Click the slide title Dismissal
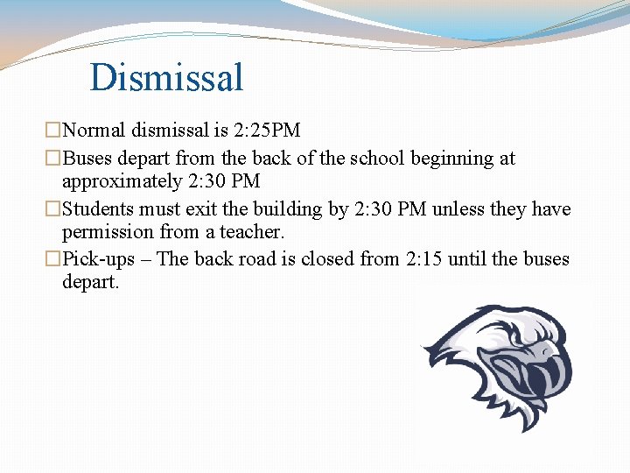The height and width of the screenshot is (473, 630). pyautogui.click(x=166, y=77)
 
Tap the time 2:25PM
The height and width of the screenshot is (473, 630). pyautogui.click(x=267, y=131)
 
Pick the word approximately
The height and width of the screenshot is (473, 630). pyautogui.click(x=118, y=182)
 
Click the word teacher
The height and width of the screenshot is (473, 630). pyautogui.click(x=254, y=232)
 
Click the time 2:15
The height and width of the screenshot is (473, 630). pyautogui.click(x=418, y=259)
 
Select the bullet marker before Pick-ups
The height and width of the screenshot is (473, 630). pyautogui.click(x=54, y=259)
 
